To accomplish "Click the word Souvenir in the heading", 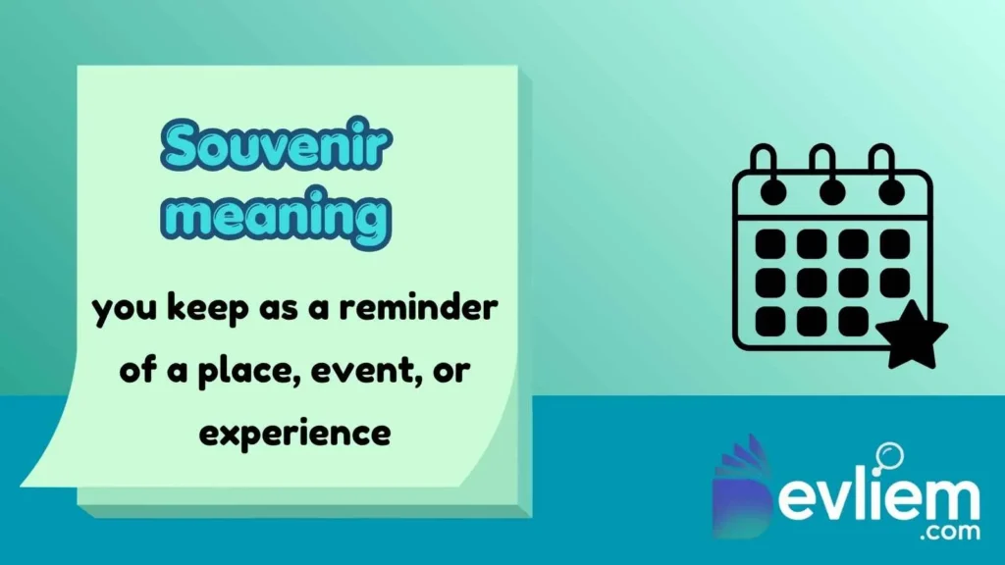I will click(278, 147).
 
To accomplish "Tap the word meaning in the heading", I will click(278, 217).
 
